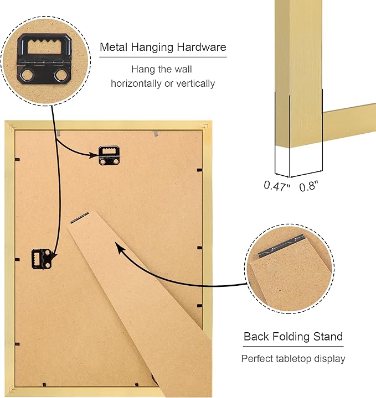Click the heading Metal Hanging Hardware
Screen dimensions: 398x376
[x=163, y=48]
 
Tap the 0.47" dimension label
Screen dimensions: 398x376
[x=277, y=186]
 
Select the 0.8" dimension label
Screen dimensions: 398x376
[x=310, y=186]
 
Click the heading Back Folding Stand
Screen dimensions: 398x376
[x=293, y=336]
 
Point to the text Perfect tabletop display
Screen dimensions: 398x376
[x=293, y=359]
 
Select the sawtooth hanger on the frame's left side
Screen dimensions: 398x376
[x=42, y=259]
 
